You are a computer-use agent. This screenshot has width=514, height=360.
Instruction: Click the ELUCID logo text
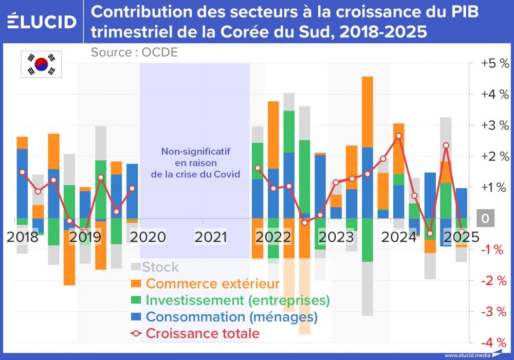point(42,22)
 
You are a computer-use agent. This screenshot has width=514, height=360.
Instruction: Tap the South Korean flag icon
point(41,64)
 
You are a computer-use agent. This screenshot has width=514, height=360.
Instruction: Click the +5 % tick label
point(494,64)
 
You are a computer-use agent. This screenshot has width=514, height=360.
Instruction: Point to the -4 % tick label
point(494,343)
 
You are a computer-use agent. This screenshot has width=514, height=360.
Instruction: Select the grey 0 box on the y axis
point(484,219)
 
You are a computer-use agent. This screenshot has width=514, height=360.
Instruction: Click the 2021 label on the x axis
point(210,237)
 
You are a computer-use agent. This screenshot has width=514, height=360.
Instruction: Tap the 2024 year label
point(399,237)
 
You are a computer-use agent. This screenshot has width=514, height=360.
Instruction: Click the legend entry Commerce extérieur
point(213,283)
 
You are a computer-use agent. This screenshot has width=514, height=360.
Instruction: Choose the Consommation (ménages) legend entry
point(231,317)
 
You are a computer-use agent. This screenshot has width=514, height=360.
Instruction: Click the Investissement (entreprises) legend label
point(237,300)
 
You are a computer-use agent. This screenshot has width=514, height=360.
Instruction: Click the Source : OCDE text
point(134,52)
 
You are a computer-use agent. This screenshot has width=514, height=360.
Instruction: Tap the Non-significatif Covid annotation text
point(195,163)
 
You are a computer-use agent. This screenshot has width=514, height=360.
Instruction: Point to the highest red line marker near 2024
point(398,136)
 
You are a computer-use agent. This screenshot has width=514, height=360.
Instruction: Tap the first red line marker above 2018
point(22,172)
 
